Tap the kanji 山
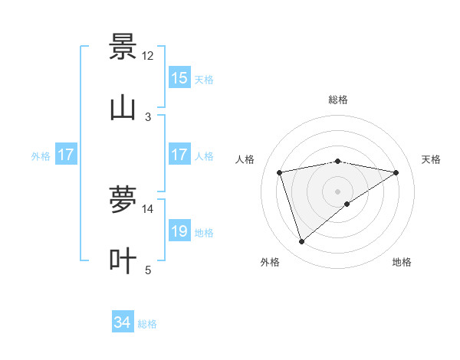point(123,107)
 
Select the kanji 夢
point(123,199)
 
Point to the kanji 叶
point(123,260)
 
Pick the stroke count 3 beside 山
point(148,116)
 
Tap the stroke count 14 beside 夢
point(148,208)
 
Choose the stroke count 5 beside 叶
point(148,270)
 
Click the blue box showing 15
point(179,78)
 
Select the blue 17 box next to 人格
point(179,155)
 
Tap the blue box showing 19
point(179,231)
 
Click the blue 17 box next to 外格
point(66,155)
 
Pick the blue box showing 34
point(123,323)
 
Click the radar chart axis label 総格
point(338,100)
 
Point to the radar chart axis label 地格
point(402,263)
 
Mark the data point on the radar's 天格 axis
point(396,172)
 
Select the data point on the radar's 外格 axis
point(301,242)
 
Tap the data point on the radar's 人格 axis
point(280,172)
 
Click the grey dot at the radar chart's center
point(338,191)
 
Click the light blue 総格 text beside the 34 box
point(148,324)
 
